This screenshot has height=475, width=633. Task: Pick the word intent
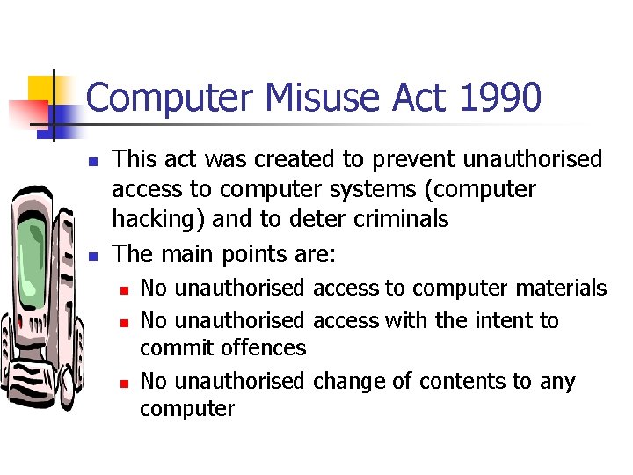(484, 320)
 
